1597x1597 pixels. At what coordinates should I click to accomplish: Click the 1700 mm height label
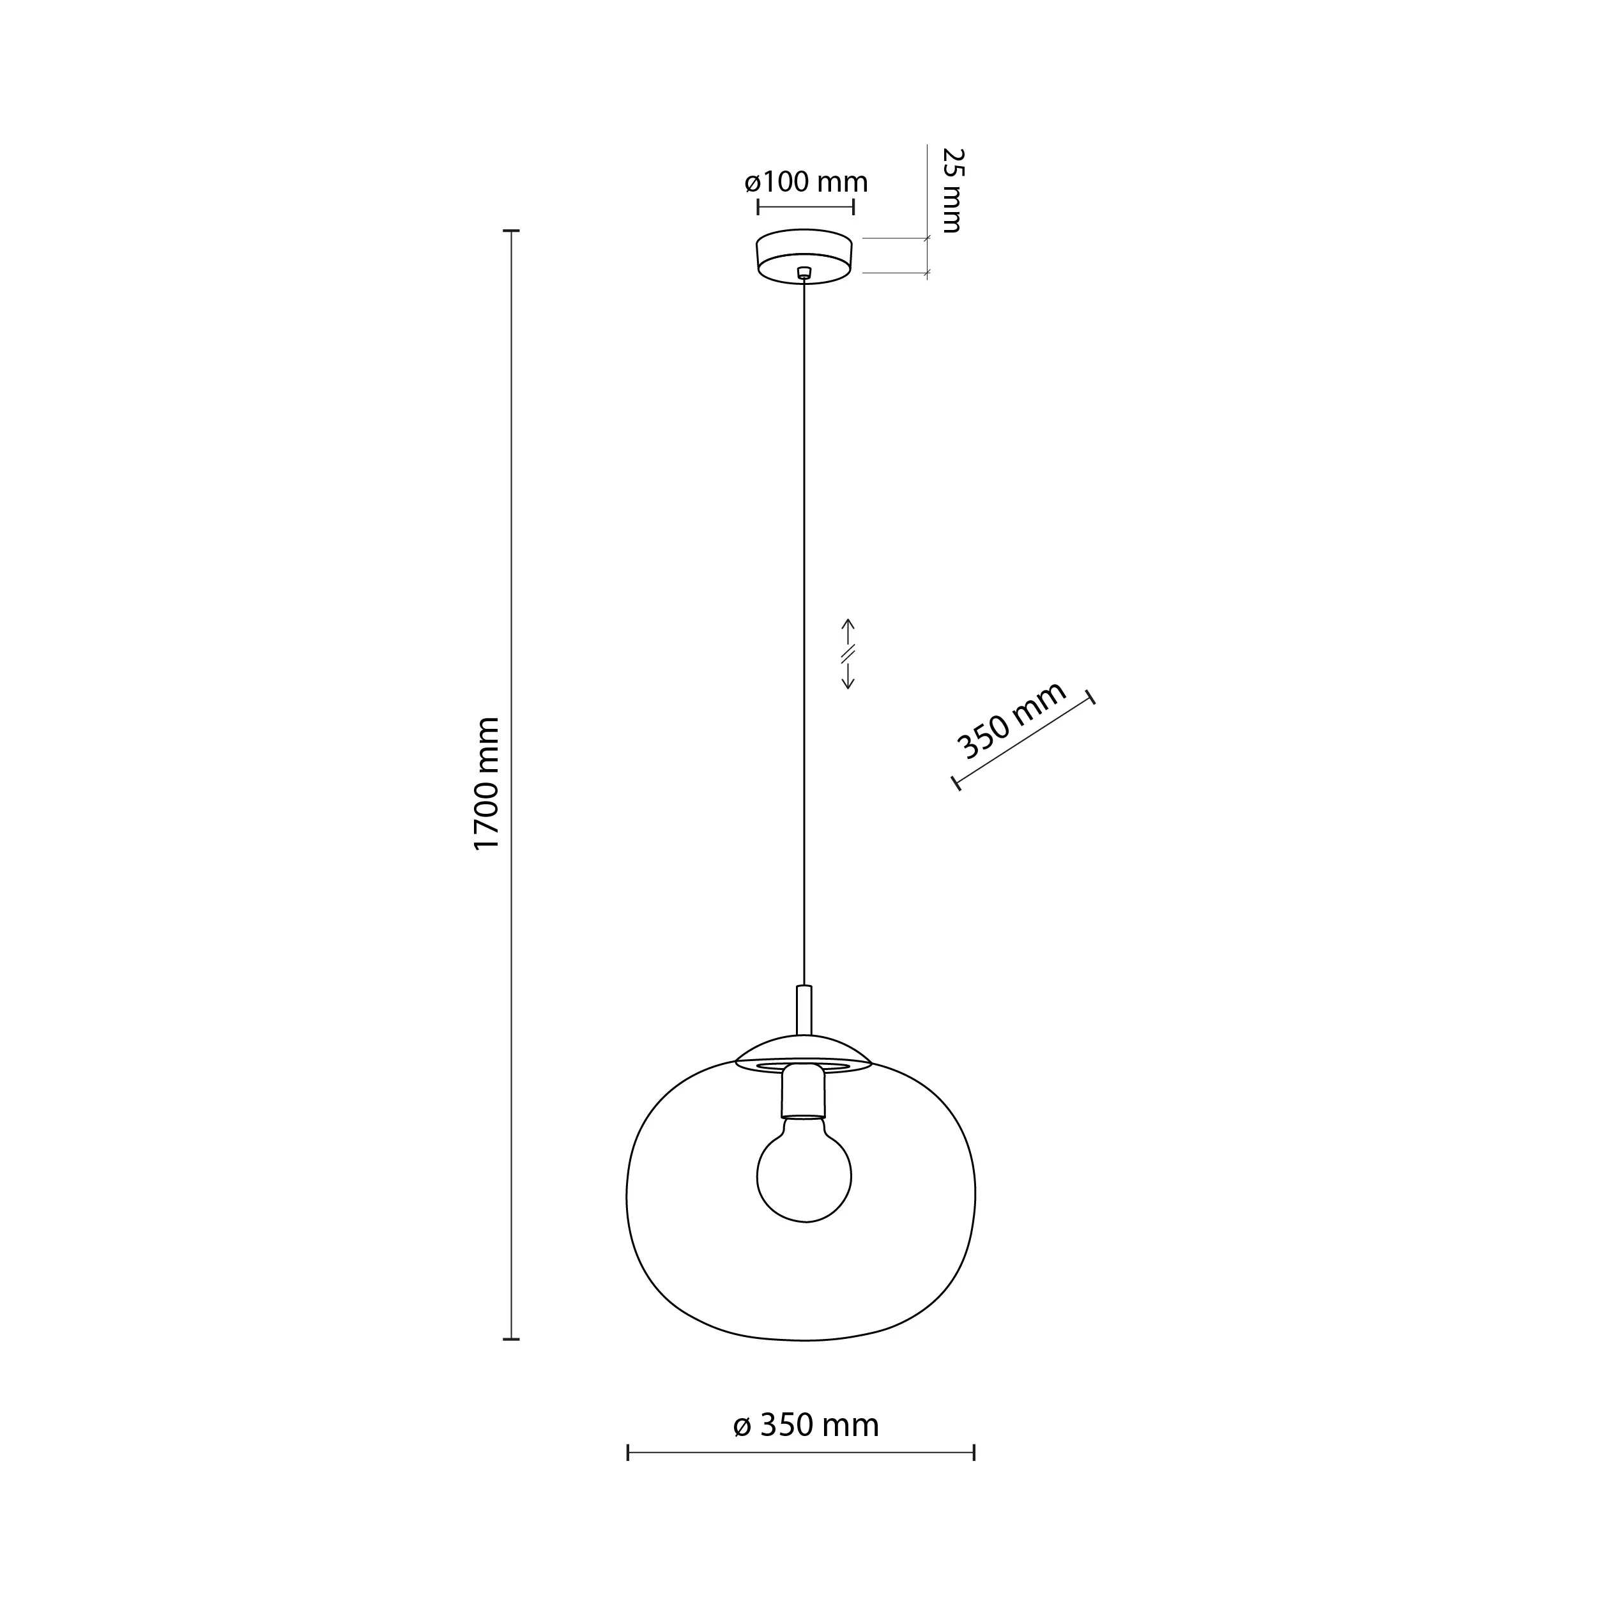[487, 783]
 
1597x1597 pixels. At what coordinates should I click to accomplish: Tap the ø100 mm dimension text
[806, 182]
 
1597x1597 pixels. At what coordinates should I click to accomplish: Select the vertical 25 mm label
[953, 191]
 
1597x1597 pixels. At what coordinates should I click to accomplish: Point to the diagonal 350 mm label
[1012, 721]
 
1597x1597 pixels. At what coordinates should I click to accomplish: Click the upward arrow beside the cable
[847, 628]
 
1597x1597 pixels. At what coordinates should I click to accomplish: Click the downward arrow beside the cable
[847, 680]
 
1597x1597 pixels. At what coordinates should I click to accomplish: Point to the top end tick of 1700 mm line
[512, 231]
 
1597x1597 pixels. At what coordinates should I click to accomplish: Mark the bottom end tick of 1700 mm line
[512, 1339]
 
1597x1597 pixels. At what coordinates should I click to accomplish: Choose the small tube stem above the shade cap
[804, 1009]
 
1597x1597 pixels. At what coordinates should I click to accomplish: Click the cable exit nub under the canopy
[804, 272]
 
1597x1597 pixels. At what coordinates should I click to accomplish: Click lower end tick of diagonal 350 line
[956, 782]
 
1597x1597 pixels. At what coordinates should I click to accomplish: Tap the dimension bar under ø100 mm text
[806, 206]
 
